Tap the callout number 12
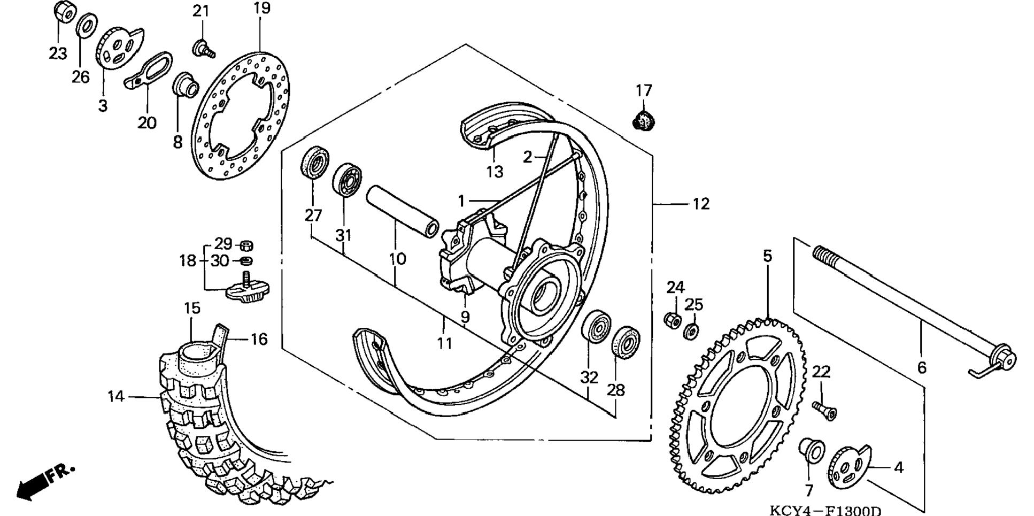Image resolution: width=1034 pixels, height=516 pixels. (x=700, y=204)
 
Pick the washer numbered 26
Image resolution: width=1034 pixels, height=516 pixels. (x=86, y=25)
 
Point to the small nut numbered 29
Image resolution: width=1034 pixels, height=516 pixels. (x=246, y=246)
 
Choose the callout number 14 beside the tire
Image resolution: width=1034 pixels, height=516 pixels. (x=116, y=396)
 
